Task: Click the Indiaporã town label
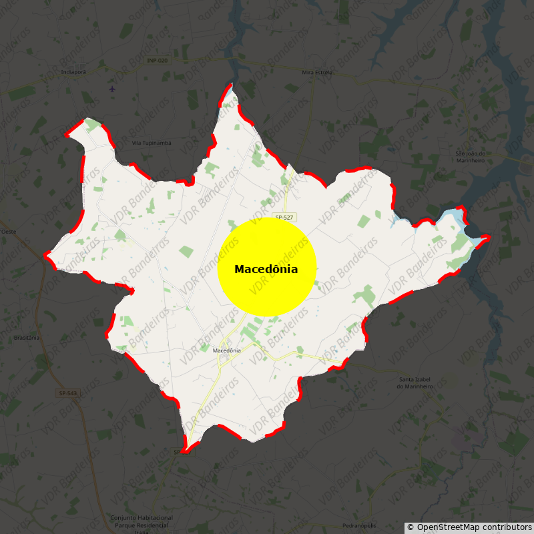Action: coord(73,71)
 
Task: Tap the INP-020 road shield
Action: coord(158,61)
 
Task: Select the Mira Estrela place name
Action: coord(317,72)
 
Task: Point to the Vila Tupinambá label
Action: coord(152,143)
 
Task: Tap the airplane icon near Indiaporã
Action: coord(112,88)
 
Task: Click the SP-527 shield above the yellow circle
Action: coord(284,218)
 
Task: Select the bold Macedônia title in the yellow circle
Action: coord(266,269)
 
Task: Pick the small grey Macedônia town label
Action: coord(226,350)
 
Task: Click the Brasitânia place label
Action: coord(27,338)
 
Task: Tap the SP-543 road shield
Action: coord(68,393)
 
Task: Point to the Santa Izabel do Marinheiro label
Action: coord(415,383)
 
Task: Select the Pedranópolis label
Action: coord(359,525)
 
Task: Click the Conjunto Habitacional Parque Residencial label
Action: coord(142,521)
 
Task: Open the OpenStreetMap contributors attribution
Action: coord(469,527)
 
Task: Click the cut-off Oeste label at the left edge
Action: coord(8,232)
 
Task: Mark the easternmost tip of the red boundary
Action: coord(489,237)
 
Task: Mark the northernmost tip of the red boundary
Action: coord(231,85)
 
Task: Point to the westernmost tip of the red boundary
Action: coord(45,254)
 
